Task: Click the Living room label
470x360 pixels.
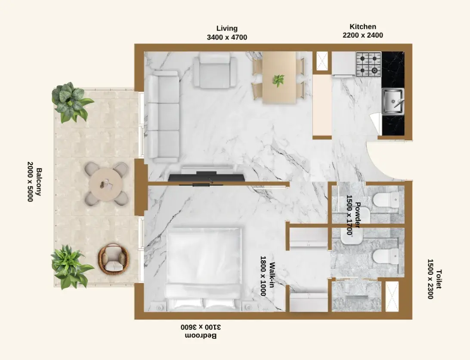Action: click(x=227, y=28)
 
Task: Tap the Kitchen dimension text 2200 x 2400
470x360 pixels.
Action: click(x=363, y=35)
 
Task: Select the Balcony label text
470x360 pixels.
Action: click(x=39, y=182)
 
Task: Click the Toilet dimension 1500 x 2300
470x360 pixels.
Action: click(x=430, y=279)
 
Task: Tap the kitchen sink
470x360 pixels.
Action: click(x=393, y=101)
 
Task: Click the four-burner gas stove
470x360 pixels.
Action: click(x=368, y=64)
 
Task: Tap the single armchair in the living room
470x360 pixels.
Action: click(x=215, y=71)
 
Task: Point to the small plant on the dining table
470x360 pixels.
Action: click(x=278, y=80)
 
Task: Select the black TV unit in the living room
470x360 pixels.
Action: click(x=206, y=177)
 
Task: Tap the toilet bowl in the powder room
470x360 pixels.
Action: click(x=387, y=200)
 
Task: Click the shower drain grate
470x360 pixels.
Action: click(x=357, y=297)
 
